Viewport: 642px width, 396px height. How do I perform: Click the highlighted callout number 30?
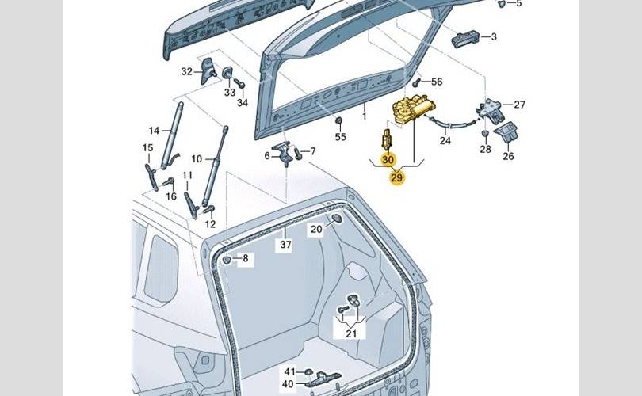[388, 160]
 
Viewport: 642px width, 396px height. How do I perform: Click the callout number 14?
[154, 131]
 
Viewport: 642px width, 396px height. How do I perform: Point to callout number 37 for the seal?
[285, 245]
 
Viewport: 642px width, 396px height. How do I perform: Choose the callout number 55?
[340, 137]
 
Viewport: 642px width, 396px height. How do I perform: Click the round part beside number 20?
[335, 219]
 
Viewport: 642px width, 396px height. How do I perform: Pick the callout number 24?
[445, 141]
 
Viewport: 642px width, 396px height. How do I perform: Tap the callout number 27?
[519, 105]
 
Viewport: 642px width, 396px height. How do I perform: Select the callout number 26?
[508, 156]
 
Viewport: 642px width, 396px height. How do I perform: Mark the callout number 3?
[493, 36]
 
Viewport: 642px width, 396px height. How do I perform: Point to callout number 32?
[187, 71]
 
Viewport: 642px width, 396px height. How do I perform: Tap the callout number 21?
[350, 333]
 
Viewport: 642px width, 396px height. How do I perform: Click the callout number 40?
[289, 384]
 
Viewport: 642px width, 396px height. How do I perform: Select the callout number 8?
[245, 258]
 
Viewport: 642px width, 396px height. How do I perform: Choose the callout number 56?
[437, 82]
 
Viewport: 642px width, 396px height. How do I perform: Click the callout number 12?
[210, 224]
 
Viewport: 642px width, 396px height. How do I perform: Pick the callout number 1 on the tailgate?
[365, 116]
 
